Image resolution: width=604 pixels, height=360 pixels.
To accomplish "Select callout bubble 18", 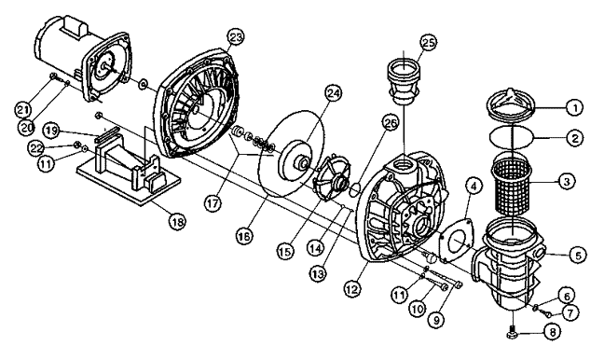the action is (x=177, y=221).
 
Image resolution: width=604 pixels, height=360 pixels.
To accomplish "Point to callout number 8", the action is (x=552, y=332).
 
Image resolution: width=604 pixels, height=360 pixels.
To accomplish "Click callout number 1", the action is (x=575, y=107).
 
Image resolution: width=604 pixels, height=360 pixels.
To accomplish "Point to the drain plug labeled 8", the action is (x=510, y=333).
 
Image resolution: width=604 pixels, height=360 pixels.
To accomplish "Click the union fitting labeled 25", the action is (x=404, y=82).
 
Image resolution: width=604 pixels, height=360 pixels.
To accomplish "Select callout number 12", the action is (x=353, y=287).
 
